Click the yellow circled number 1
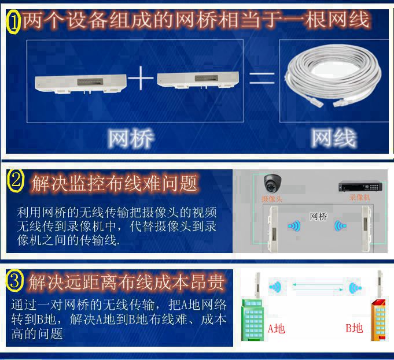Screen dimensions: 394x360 pyautogui.click(x=13, y=22)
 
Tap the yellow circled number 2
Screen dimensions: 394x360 pyautogui.click(x=16, y=181)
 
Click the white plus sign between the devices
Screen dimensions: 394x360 pyautogui.click(x=141, y=78)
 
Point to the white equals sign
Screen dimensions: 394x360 pyautogui.click(x=262, y=79)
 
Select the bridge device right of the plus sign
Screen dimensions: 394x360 pyautogui.click(x=198, y=80)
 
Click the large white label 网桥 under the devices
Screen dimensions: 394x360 pyautogui.click(x=131, y=138)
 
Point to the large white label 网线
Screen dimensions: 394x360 pyautogui.click(x=334, y=138)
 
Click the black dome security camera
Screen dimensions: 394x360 pyautogui.click(x=273, y=183)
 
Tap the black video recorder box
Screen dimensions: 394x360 pyautogui.click(x=360, y=186)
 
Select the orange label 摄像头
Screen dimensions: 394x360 pyautogui.click(x=272, y=199)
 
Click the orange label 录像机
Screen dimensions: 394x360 pyautogui.click(x=360, y=197)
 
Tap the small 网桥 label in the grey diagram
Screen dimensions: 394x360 pyautogui.click(x=318, y=216)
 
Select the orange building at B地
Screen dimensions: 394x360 pyautogui.click(x=378, y=320)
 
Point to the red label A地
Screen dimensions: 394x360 pyautogui.click(x=277, y=328)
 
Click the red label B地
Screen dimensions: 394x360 pyautogui.click(x=354, y=328)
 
